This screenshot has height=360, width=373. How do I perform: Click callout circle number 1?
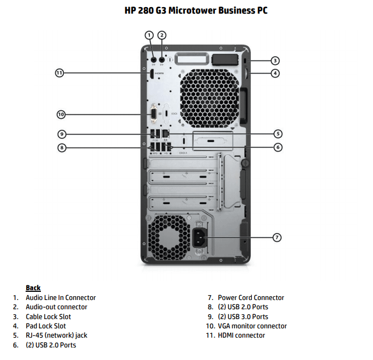[x=149, y=35]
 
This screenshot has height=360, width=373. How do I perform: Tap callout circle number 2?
[x=162, y=35]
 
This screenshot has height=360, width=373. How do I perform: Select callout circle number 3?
[x=276, y=61]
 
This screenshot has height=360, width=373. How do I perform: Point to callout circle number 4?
[x=276, y=73]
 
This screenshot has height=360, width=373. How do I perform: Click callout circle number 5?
[x=278, y=134]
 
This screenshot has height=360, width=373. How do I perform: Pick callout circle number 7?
[x=277, y=237]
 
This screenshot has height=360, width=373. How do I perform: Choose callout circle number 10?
[x=61, y=114]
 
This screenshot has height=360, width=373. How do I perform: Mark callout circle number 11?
[x=59, y=73]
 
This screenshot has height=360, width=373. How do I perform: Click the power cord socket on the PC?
[x=200, y=237]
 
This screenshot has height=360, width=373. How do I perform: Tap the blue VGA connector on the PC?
[x=154, y=114]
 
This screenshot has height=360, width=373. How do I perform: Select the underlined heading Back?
[x=33, y=288]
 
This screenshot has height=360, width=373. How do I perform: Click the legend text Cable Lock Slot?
[x=48, y=316]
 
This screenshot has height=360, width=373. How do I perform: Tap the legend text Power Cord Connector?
[x=251, y=298]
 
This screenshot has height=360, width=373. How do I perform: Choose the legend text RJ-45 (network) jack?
[x=56, y=335]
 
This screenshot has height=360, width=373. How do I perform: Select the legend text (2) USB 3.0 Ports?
[x=243, y=316]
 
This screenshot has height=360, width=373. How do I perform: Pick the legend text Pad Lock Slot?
[x=46, y=326]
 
